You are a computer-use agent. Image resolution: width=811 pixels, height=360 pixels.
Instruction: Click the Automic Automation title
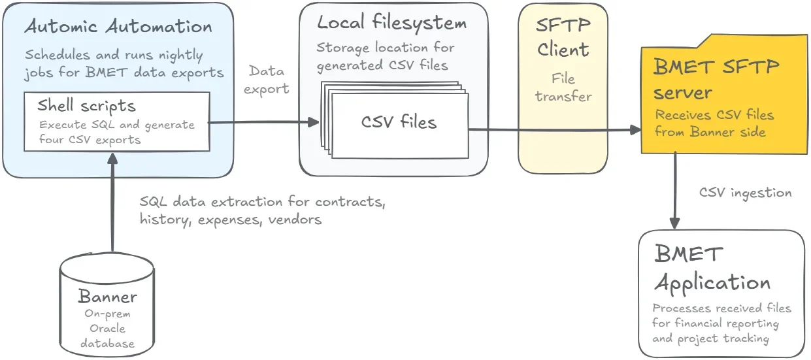tap(118, 27)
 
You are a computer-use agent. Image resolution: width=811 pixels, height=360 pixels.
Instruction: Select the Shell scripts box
tap(117, 122)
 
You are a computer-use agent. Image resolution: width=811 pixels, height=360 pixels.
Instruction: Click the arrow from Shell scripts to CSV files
tap(261, 122)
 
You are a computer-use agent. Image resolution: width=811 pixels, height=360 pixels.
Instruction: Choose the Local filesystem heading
tap(392, 24)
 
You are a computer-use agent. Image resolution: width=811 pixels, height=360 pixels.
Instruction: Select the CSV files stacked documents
tap(399, 122)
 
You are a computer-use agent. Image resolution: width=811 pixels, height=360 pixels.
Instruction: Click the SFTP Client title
tap(563, 38)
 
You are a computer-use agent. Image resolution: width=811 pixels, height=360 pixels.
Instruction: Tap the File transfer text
tap(563, 88)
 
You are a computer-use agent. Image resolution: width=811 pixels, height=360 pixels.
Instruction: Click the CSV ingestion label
tap(745, 193)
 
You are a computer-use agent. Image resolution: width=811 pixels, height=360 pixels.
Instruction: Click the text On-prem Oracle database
tap(108, 328)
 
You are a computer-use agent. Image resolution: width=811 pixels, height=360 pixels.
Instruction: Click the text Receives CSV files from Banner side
tap(714, 123)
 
